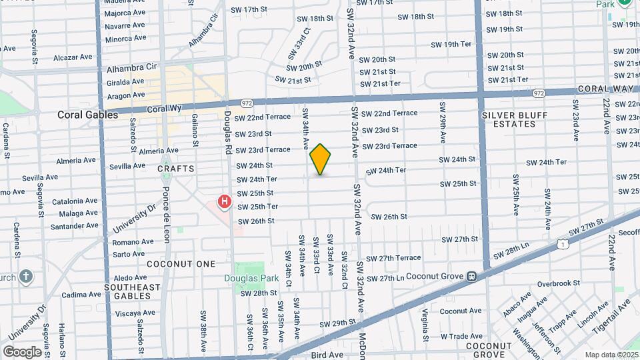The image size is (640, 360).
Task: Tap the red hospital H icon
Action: point(225,201)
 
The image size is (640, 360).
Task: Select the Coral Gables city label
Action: point(87,115)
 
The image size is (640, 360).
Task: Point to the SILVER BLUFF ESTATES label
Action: point(514,119)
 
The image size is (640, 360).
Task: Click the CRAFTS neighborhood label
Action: point(176,169)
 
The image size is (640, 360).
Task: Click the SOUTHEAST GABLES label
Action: point(133,291)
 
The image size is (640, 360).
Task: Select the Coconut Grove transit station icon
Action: point(471,276)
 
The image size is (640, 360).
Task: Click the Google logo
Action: point(22,351)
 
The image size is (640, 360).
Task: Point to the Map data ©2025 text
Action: point(612,355)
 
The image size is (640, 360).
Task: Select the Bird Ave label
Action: point(327,355)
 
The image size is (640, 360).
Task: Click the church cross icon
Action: point(25,276)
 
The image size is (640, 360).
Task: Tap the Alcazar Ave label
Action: point(71,57)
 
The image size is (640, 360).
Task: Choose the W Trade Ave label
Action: point(461,336)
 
